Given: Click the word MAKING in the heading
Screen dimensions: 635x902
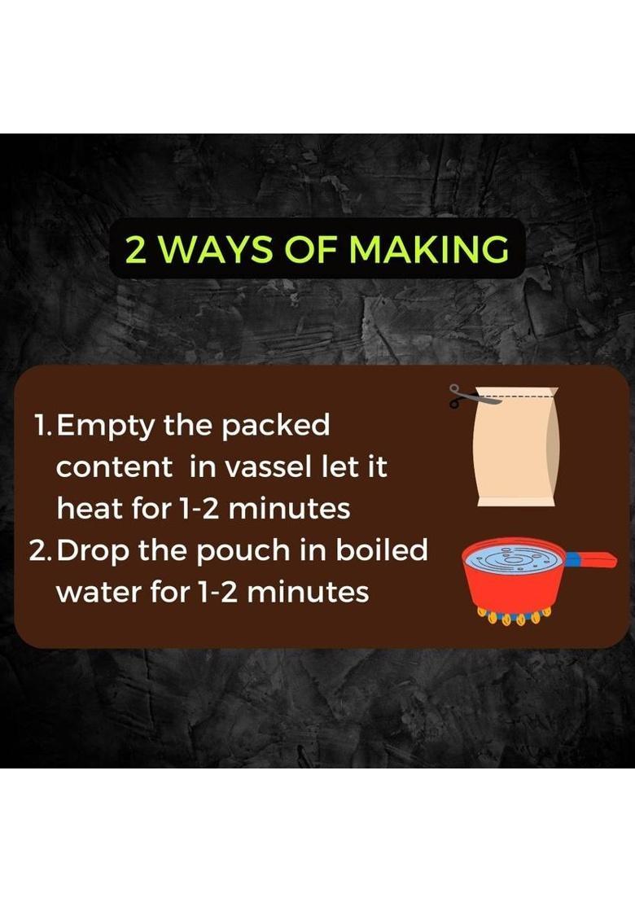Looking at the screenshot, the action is [x=430, y=249].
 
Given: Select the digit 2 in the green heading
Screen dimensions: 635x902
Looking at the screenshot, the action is [x=136, y=249].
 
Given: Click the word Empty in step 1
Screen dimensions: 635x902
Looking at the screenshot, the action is [x=107, y=427].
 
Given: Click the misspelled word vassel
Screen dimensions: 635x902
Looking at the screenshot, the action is [x=268, y=466].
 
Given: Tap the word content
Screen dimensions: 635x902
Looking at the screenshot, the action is [x=114, y=467].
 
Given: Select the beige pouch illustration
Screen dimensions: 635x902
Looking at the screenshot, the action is [x=516, y=446].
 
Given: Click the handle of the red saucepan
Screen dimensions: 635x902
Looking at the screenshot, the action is [x=591, y=558].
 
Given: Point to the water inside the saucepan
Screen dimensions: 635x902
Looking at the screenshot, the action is [x=514, y=558].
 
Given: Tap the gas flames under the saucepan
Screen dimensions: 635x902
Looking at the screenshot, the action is [x=515, y=617].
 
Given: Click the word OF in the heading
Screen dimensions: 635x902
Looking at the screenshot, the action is [x=314, y=249].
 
